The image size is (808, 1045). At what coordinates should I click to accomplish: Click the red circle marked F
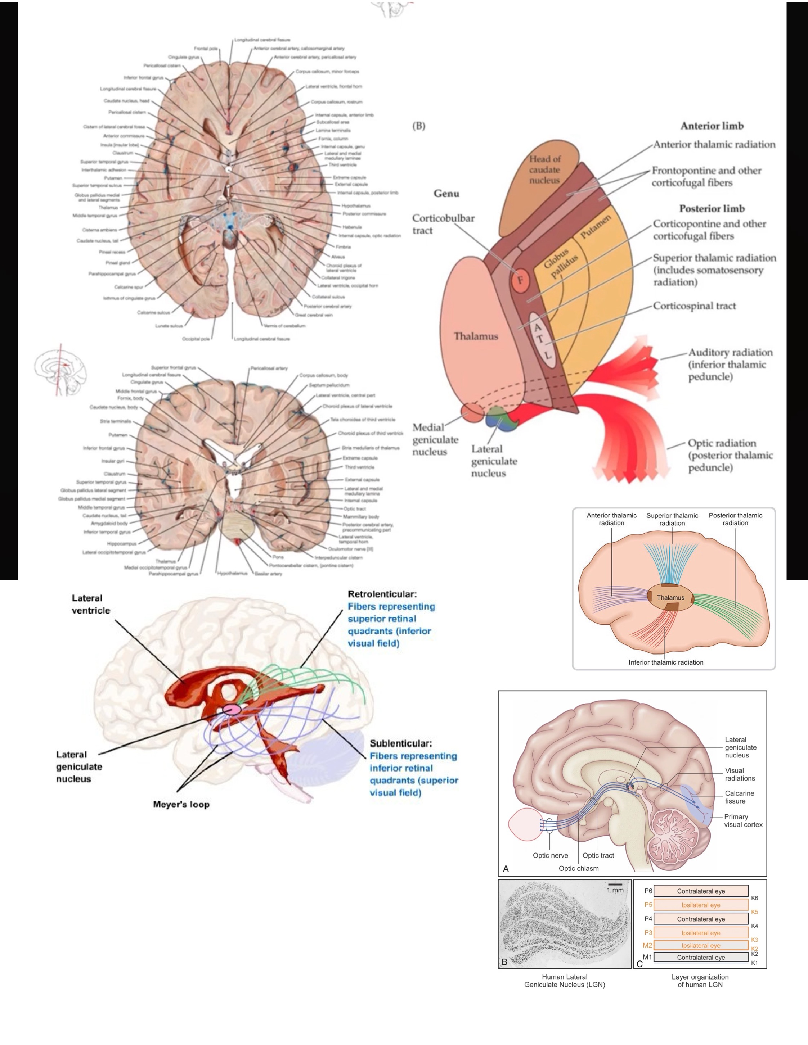(x=520, y=280)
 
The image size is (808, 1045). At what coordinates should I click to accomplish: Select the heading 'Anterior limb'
(x=712, y=126)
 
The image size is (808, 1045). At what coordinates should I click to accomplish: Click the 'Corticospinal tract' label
(x=694, y=306)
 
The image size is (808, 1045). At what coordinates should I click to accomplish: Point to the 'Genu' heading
(x=446, y=193)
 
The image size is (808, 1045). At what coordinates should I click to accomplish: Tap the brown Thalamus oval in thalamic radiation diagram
(x=670, y=597)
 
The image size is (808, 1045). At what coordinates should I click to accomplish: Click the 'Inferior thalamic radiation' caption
(x=666, y=662)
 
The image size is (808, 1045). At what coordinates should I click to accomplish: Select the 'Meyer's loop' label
(x=181, y=804)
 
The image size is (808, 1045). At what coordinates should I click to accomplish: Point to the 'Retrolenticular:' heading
(x=382, y=594)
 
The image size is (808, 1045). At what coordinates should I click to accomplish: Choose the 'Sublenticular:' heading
(x=401, y=743)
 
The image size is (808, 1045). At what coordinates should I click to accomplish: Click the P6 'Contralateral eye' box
(x=701, y=891)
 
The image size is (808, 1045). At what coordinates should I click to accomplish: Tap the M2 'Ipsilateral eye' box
(x=701, y=945)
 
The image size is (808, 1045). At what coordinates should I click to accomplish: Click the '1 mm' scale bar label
(x=615, y=890)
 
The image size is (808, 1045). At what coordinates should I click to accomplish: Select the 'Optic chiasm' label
(x=578, y=868)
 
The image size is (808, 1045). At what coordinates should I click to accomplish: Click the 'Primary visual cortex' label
(x=743, y=820)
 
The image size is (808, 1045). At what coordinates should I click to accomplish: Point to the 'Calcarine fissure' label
(x=739, y=797)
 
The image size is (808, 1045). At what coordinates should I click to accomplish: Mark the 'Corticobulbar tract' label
(x=443, y=224)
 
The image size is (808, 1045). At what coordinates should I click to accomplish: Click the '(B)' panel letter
(x=418, y=126)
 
